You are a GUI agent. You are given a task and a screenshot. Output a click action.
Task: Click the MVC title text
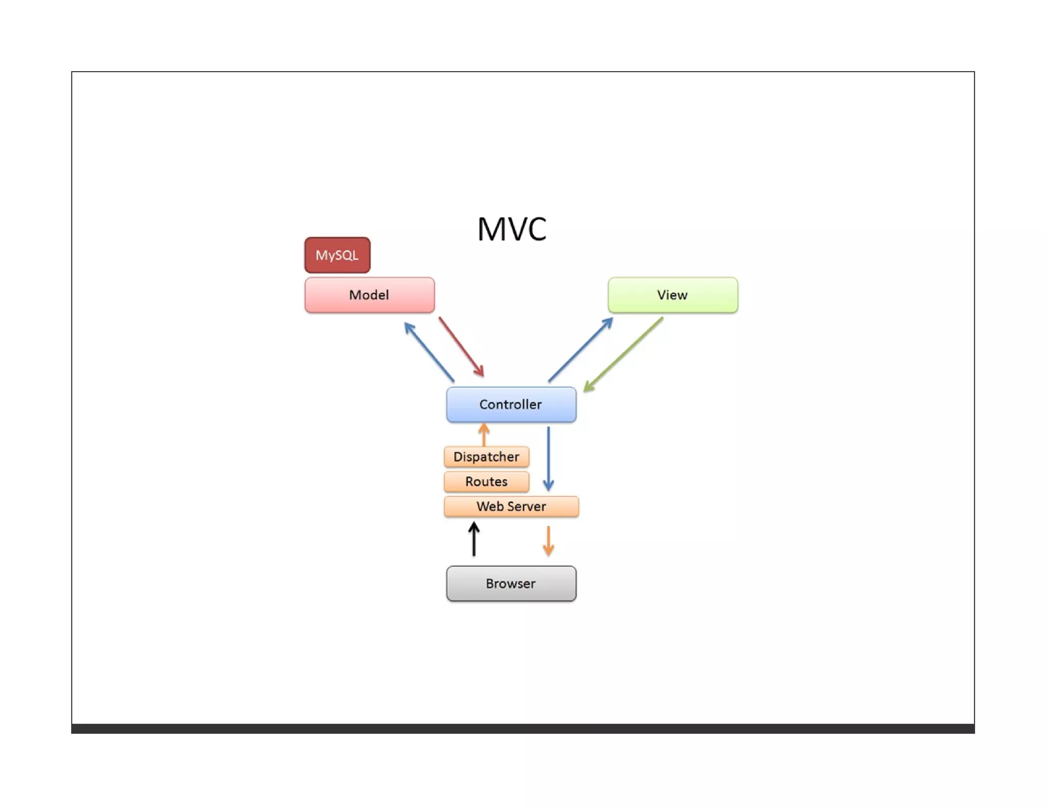tap(512, 229)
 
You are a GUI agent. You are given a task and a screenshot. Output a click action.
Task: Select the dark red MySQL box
tap(337, 255)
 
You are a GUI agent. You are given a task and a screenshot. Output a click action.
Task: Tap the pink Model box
tap(369, 295)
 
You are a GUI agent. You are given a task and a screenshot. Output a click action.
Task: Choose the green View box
tap(672, 295)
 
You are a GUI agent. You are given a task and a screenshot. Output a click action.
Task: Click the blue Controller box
tap(511, 404)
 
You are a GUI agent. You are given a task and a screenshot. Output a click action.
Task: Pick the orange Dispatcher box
tap(486, 457)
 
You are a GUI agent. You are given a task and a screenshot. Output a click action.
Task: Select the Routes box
tap(486, 482)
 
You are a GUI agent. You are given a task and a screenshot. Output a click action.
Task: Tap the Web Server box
tap(511, 506)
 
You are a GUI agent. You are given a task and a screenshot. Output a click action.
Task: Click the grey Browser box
tap(511, 583)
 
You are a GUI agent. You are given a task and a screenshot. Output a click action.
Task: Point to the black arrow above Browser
tap(474, 539)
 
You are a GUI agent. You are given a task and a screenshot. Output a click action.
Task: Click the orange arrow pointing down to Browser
tap(548, 541)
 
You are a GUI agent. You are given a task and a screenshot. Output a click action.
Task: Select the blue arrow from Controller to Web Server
tap(548, 458)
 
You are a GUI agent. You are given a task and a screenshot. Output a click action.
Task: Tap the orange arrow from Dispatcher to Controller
tap(484, 434)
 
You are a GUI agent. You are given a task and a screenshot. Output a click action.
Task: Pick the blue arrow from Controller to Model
tap(429, 352)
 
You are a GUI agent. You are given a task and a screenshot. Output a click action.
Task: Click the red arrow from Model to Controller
tap(461, 347)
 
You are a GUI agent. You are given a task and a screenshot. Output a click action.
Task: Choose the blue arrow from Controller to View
tap(580, 350)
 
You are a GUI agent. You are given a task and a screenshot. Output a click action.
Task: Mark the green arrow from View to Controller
tap(623, 354)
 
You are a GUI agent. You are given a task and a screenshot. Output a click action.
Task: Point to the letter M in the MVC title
tap(490, 229)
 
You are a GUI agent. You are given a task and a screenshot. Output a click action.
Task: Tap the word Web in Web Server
tap(487, 506)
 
